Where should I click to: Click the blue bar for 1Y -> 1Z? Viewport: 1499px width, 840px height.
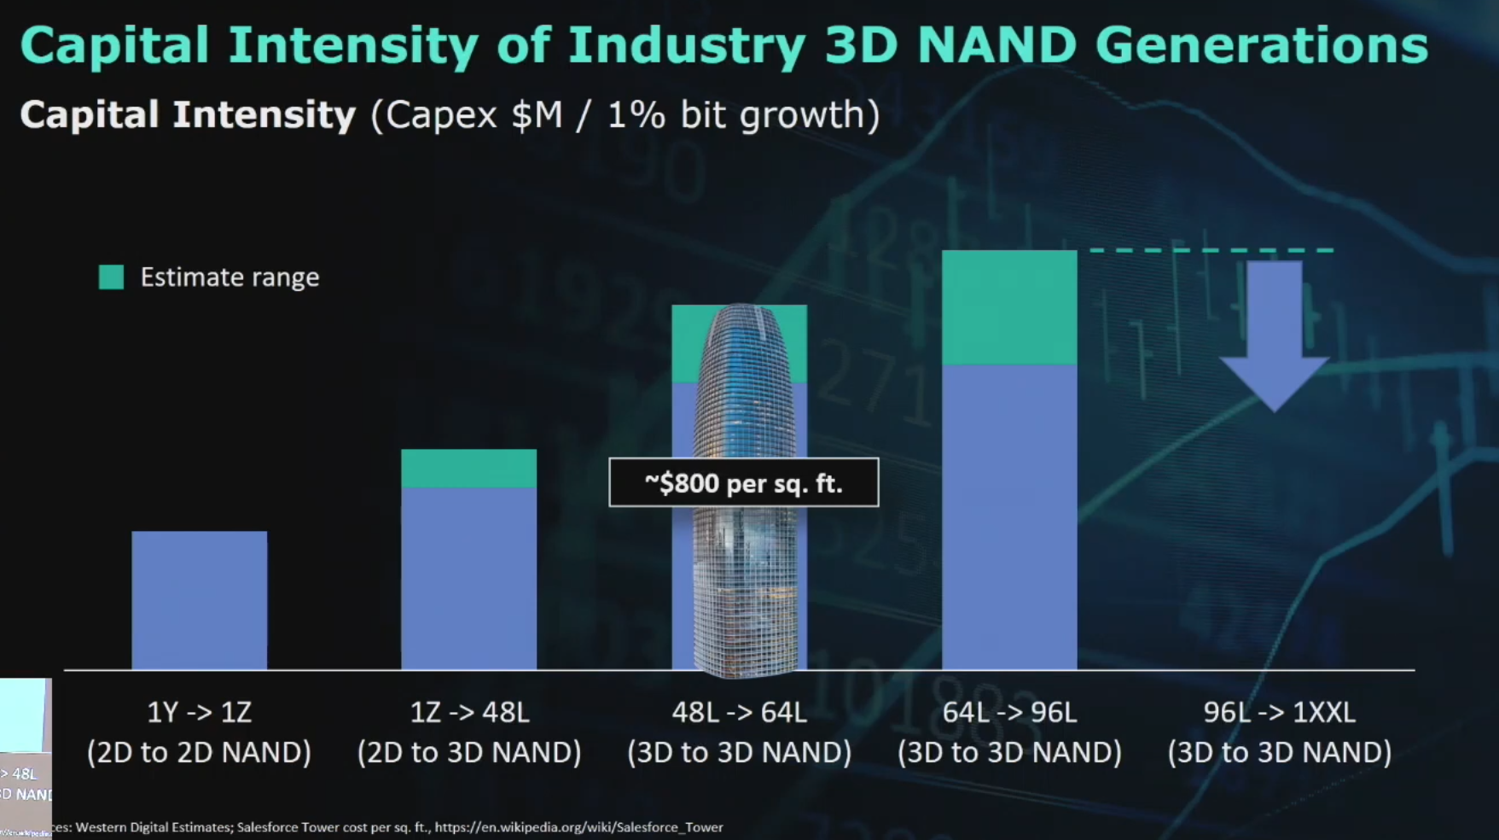(199, 600)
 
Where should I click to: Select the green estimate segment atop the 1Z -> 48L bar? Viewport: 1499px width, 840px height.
(468, 468)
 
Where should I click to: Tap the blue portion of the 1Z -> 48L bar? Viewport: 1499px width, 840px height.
(468, 578)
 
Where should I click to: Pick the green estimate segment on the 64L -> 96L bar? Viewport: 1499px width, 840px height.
(1008, 307)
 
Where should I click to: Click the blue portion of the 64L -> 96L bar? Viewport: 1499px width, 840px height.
(1008, 516)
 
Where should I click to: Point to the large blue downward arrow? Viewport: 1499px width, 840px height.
(1274, 333)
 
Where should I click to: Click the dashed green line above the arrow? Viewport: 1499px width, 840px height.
(1211, 250)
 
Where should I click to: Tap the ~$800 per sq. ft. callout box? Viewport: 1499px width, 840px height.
(743, 482)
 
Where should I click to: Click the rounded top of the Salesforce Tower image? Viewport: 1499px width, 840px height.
(739, 320)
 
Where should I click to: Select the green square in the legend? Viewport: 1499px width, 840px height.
(111, 277)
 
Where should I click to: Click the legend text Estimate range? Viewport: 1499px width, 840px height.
(229, 277)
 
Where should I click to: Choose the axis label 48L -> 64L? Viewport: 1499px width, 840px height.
(739, 712)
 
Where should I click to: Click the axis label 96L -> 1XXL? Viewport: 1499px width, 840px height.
(1279, 712)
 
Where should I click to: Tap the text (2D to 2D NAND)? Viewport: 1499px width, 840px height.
(199, 752)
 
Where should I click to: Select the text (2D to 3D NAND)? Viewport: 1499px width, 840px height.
(468, 752)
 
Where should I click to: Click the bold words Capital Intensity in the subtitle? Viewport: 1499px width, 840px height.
(188, 114)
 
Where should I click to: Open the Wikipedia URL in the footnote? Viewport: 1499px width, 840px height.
(578, 827)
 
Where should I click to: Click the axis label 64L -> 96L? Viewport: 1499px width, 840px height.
(1008, 712)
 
